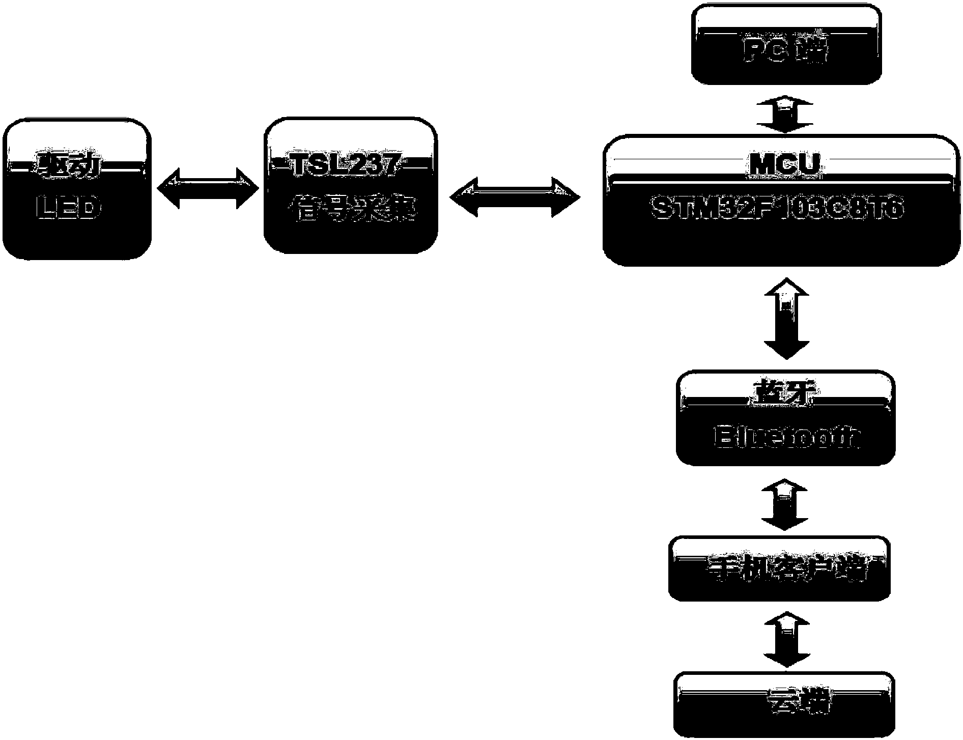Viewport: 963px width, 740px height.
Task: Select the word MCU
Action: click(784, 164)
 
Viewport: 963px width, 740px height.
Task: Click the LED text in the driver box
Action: click(69, 210)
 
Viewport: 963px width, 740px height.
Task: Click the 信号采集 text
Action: click(351, 210)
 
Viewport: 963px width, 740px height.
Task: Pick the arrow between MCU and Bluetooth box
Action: click(786, 319)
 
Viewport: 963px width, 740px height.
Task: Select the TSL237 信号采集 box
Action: click(350, 186)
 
